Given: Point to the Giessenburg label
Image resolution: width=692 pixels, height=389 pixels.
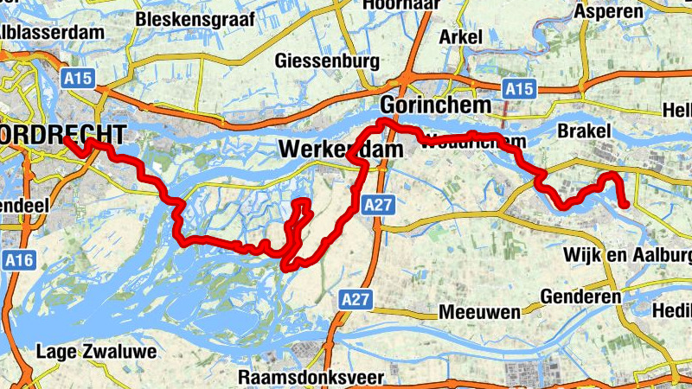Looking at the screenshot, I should [327, 61].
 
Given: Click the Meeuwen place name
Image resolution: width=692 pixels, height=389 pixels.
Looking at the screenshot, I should [479, 311].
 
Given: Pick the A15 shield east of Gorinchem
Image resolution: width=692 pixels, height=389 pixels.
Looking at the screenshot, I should [519, 88].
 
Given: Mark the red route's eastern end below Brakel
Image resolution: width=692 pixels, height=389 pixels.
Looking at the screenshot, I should [625, 204].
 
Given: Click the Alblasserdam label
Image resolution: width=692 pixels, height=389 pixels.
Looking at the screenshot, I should [52, 31].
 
